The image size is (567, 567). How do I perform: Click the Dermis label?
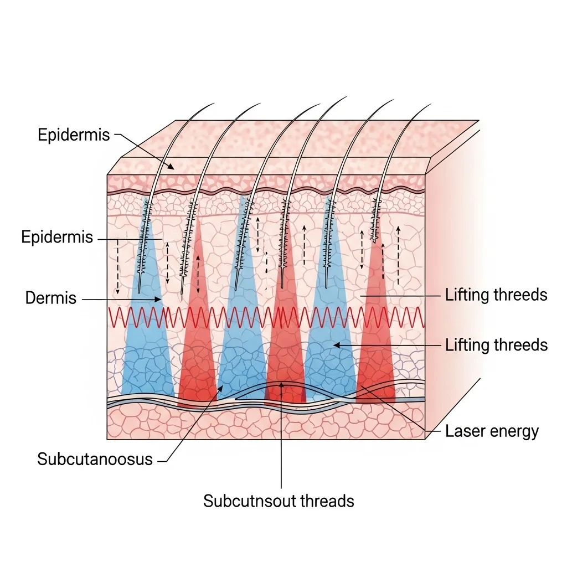[x=50, y=298]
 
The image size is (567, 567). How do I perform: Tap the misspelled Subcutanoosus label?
[x=95, y=459]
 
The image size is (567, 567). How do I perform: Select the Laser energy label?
[x=492, y=431]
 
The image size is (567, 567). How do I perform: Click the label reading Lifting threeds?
[x=496, y=295]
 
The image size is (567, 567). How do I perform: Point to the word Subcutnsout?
[x=251, y=501]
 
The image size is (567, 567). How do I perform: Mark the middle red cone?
[x=286, y=354]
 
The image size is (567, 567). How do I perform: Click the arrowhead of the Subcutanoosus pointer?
[x=222, y=388]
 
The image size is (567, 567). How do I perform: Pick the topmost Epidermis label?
[x=74, y=135]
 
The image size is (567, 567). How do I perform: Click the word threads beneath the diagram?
[x=327, y=501]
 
